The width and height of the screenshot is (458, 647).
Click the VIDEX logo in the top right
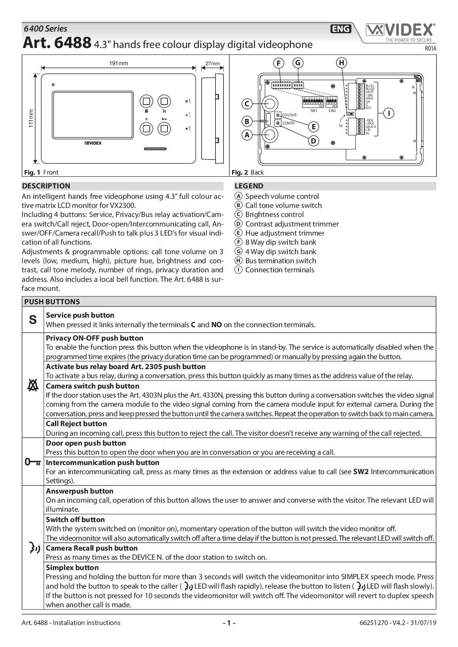400,30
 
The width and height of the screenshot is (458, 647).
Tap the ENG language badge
341,29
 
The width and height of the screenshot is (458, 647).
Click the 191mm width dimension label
118,64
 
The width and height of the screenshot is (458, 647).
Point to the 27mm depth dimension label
212,64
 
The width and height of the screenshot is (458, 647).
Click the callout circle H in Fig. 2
342,63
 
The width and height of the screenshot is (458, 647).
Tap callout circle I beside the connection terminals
389,113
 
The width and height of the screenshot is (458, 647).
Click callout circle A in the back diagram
247,135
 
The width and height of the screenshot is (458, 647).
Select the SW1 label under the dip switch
314,111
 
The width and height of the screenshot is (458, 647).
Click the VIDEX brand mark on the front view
93,143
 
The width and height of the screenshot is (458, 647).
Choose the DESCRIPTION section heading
46,186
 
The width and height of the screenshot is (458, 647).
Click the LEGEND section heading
248,186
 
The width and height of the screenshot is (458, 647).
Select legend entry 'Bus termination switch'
281,261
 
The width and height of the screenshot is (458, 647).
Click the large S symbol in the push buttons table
33,320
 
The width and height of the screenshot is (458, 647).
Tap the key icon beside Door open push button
33,462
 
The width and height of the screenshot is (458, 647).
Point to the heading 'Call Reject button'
76,424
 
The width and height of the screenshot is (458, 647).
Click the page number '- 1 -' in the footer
229,623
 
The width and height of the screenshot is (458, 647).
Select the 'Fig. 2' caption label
240,172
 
